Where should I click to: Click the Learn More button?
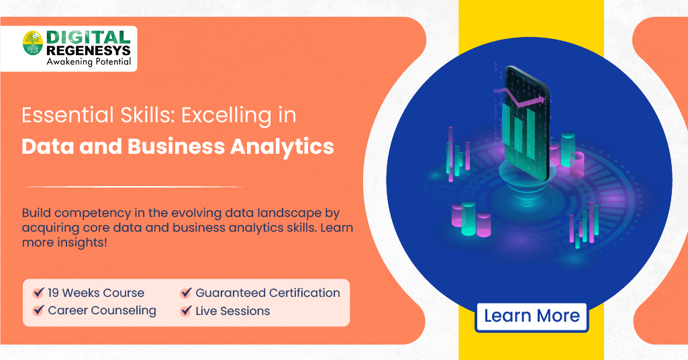532,316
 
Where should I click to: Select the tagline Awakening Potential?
88,62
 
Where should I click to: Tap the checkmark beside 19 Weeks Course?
38,294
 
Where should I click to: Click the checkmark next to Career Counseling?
38,311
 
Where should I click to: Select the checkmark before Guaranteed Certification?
186,294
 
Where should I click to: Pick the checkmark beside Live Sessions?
186,311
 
